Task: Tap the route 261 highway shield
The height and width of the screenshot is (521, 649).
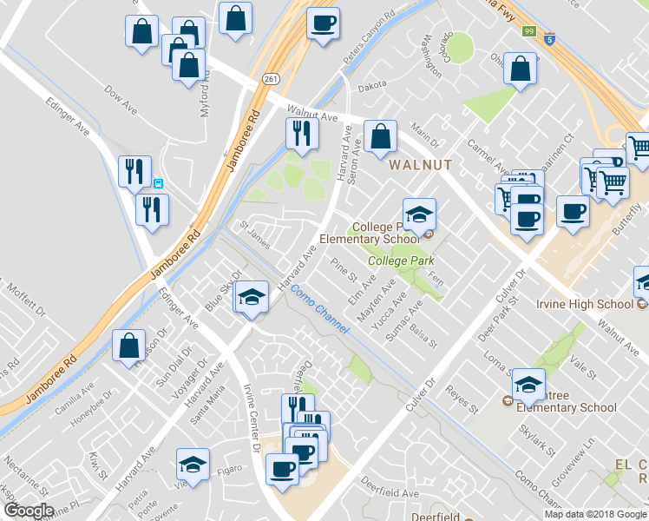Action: pyautogui.click(x=272, y=79)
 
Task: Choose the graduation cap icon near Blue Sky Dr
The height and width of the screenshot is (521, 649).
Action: pyautogui.click(x=251, y=297)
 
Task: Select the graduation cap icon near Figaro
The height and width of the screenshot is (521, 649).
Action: pyautogui.click(x=193, y=464)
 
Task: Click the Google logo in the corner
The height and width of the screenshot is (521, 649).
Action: pyautogui.click(x=29, y=511)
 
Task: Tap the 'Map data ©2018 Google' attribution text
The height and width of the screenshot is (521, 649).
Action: pyautogui.click(x=595, y=514)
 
